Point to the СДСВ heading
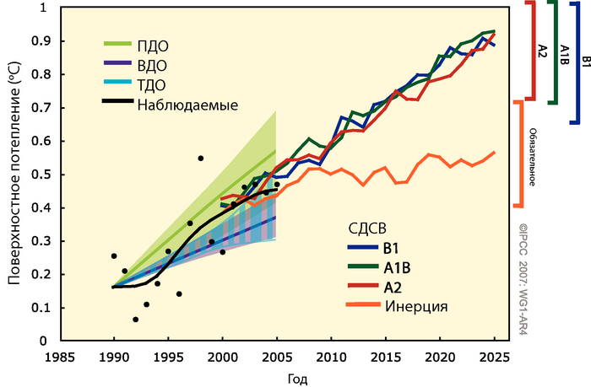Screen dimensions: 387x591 coord(368,228)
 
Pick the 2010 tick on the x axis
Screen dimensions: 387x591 coord(331,357)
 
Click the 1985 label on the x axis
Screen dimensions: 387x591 coord(58,357)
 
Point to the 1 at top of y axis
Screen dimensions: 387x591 coord(44,8)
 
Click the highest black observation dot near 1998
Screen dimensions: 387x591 coord(200,158)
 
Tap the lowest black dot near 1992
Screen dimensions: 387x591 coord(135,320)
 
